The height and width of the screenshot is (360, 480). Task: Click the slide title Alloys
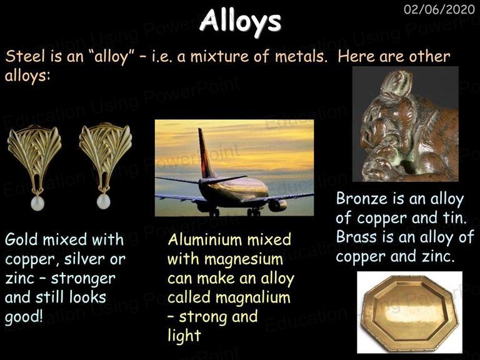(x=240, y=21)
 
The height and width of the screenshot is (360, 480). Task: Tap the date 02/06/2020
(x=439, y=9)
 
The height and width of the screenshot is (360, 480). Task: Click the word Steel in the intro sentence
(x=26, y=56)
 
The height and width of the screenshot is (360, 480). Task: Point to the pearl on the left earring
(x=37, y=203)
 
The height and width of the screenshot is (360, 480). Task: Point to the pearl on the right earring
(x=103, y=202)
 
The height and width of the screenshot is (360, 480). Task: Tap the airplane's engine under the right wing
(x=277, y=205)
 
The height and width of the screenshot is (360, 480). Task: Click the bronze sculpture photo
(x=405, y=124)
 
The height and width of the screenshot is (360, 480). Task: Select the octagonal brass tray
(x=409, y=312)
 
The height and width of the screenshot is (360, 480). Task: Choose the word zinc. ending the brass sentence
(x=438, y=256)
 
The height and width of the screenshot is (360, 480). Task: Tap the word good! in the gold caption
(x=24, y=317)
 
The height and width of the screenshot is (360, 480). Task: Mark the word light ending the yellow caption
(x=184, y=335)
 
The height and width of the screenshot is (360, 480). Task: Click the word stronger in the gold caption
(x=83, y=279)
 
